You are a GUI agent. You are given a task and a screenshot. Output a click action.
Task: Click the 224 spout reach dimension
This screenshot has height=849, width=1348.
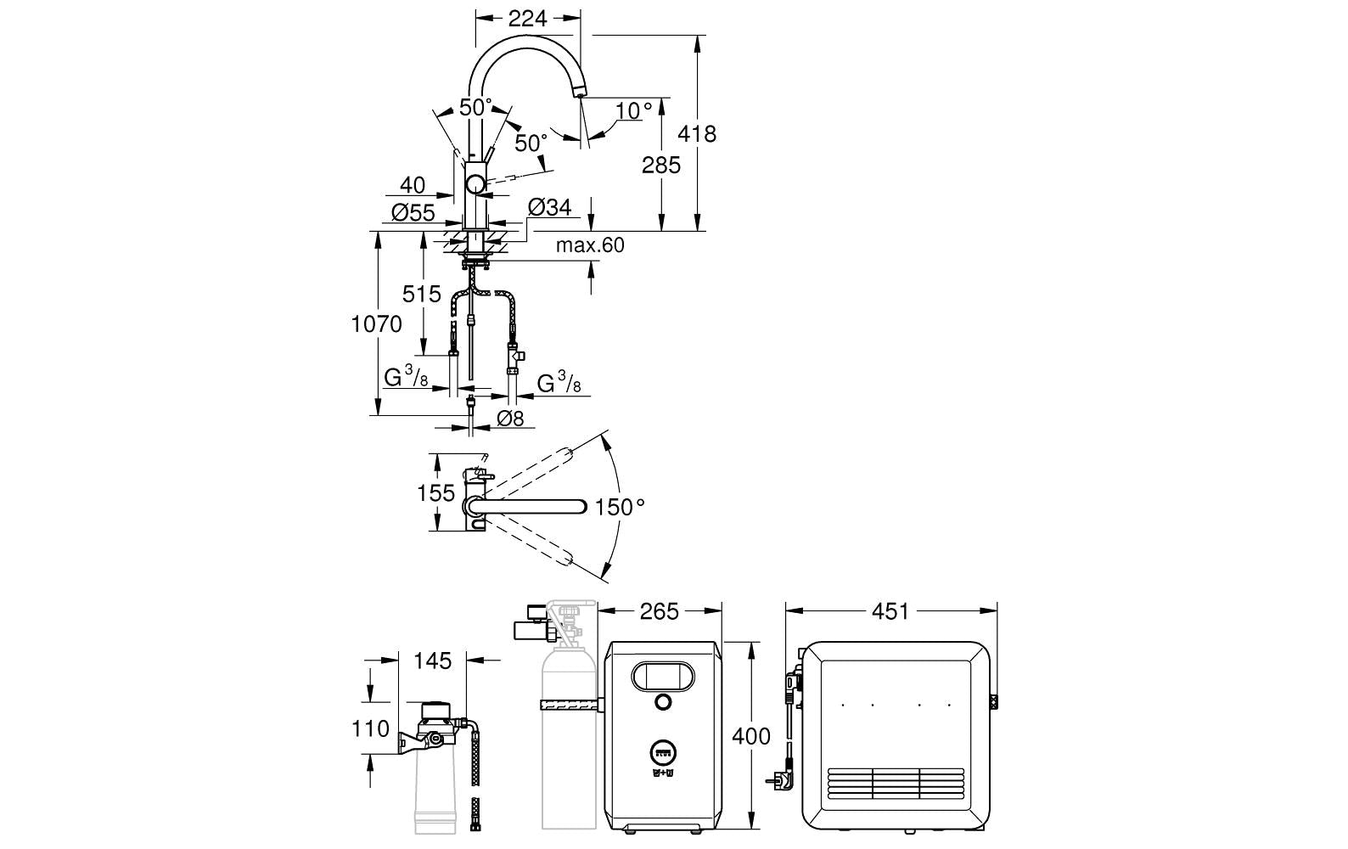coord(527,19)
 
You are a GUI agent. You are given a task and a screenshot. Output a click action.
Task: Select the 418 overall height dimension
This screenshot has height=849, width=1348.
coord(697,133)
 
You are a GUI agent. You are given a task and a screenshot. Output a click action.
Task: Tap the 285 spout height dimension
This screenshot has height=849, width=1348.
coord(660,165)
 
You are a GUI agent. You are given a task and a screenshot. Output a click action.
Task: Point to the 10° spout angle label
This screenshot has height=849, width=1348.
coord(634,110)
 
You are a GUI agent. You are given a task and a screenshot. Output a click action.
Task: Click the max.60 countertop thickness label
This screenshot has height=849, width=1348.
coord(590,245)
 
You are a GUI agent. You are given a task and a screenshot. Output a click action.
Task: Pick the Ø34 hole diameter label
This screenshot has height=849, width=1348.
coord(549,208)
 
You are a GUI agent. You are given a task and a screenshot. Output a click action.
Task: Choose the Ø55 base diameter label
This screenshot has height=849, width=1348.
coord(413,212)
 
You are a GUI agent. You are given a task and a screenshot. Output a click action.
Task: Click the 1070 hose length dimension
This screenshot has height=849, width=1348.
coord(377,324)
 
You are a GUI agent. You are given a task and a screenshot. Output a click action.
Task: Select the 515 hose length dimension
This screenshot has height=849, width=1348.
coord(422,294)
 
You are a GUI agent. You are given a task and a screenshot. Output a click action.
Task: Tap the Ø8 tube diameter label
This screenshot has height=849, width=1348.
coord(510,418)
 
